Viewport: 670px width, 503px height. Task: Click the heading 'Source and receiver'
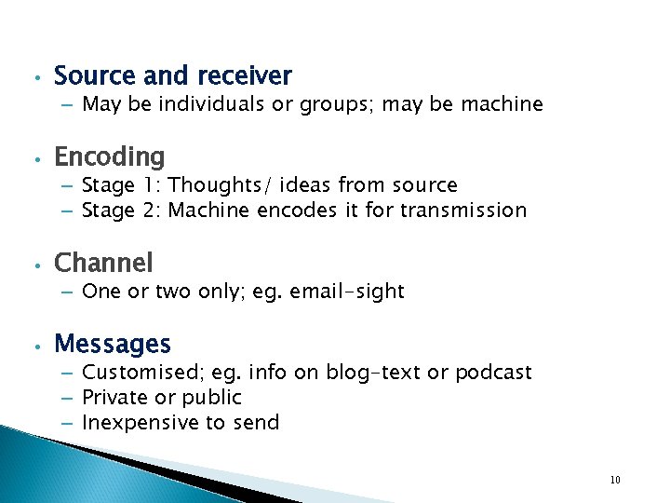tap(173, 75)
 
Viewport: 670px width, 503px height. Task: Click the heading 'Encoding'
tap(110, 156)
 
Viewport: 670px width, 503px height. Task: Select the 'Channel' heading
tap(103, 263)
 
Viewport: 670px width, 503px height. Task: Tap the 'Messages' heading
tap(113, 344)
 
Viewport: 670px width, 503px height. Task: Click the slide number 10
tap(615, 480)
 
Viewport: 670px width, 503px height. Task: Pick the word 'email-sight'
tap(347, 292)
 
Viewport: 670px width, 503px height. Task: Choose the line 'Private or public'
tap(162, 398)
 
